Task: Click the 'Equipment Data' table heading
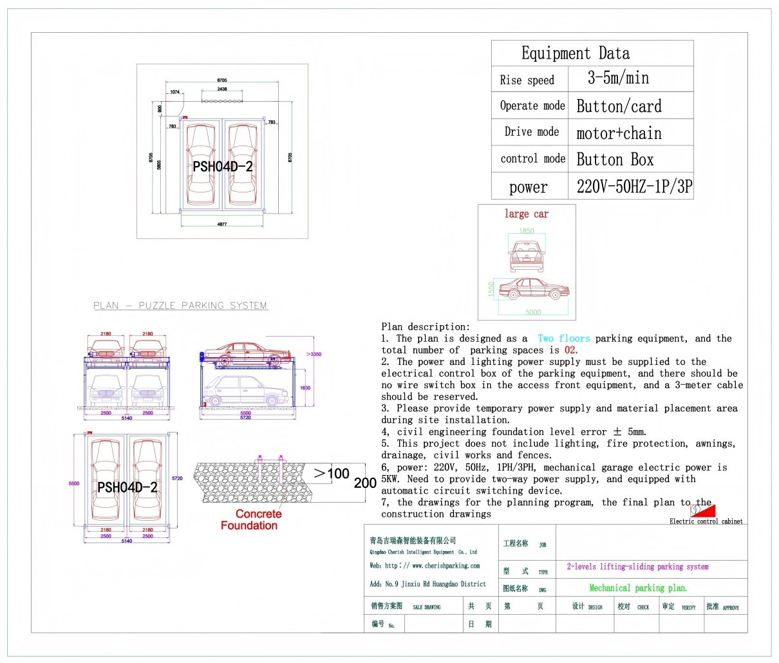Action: (575, 53)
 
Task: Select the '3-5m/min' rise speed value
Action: (618, 79)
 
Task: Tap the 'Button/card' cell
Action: (619, 106)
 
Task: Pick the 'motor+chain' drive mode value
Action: (619, 133)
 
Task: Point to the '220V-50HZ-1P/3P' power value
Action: (634, 187)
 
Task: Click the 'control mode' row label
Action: (532, 159)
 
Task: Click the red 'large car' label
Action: (526, 214)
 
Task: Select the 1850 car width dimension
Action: (527, 231)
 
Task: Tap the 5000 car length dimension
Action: (533, 313)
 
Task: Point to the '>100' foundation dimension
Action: (332, 474)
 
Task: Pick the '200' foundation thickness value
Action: (365, 483)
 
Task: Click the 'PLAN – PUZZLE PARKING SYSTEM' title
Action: (180, 306)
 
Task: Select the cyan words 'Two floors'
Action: (563, 339)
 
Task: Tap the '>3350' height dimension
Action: (314, 354)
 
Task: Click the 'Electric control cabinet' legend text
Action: (706, 521)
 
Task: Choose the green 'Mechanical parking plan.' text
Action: (638, 588)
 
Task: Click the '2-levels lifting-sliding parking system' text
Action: (637, 567)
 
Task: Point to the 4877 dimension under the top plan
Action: (222, 225)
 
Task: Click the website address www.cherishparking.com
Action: (446, 566)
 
